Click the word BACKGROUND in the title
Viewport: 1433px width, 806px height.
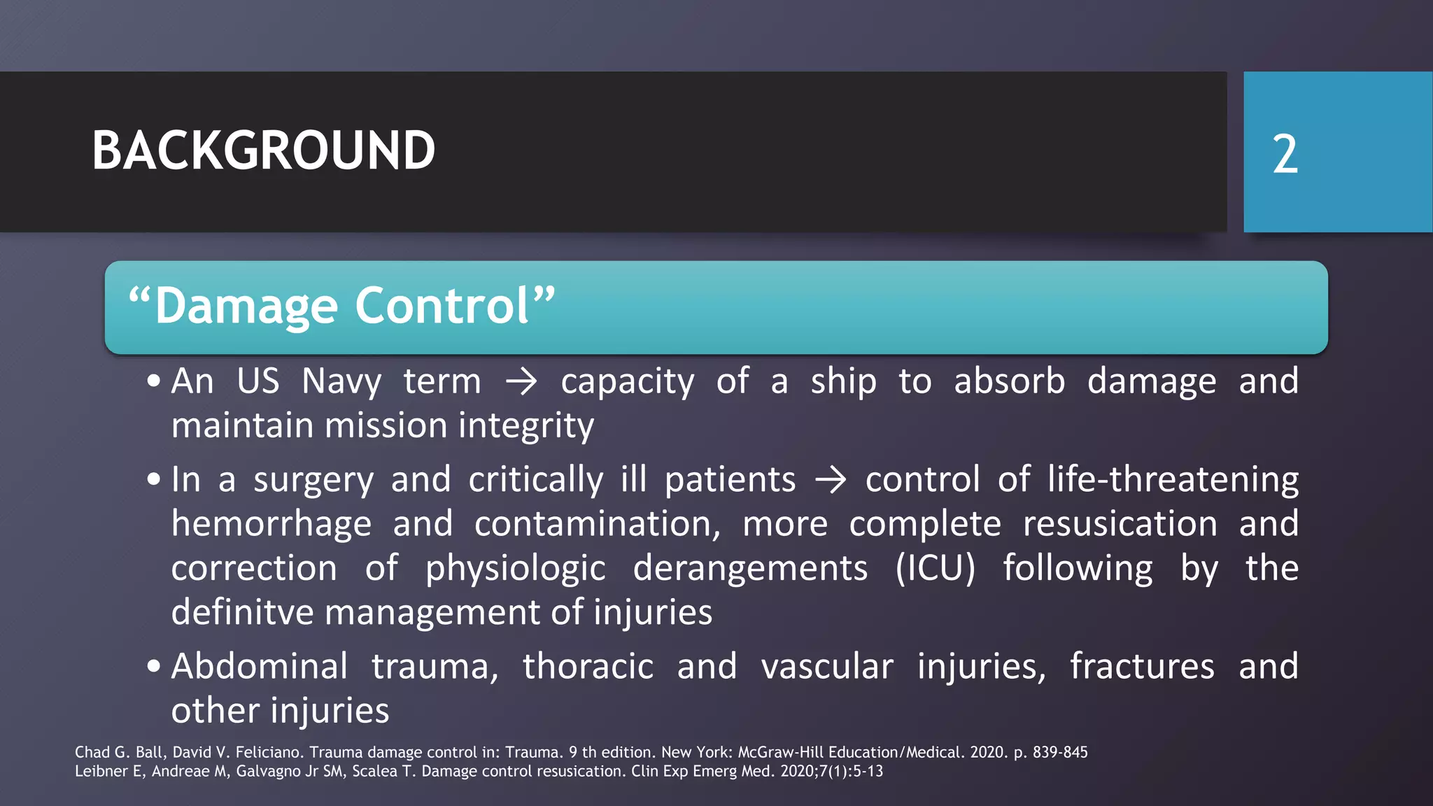[263, 151]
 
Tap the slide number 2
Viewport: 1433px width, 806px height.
[1285, 155]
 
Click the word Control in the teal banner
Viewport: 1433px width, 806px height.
[442, 306]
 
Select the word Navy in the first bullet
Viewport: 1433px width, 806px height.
[341, 382]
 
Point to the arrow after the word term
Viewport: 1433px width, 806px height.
[521, 382]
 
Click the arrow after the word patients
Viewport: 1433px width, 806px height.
[831, 481]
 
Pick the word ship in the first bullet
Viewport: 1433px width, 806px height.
[843, 382]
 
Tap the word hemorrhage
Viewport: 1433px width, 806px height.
[271, 524]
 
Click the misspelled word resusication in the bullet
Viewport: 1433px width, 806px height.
[1120, 524]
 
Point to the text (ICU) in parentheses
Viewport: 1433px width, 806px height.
[935, 568]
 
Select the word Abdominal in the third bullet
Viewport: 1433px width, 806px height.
[260, 666]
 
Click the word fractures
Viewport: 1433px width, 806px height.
[1142, 666]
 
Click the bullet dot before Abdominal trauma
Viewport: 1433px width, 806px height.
[154, 666]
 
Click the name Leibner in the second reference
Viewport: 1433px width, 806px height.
[100, 771]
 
